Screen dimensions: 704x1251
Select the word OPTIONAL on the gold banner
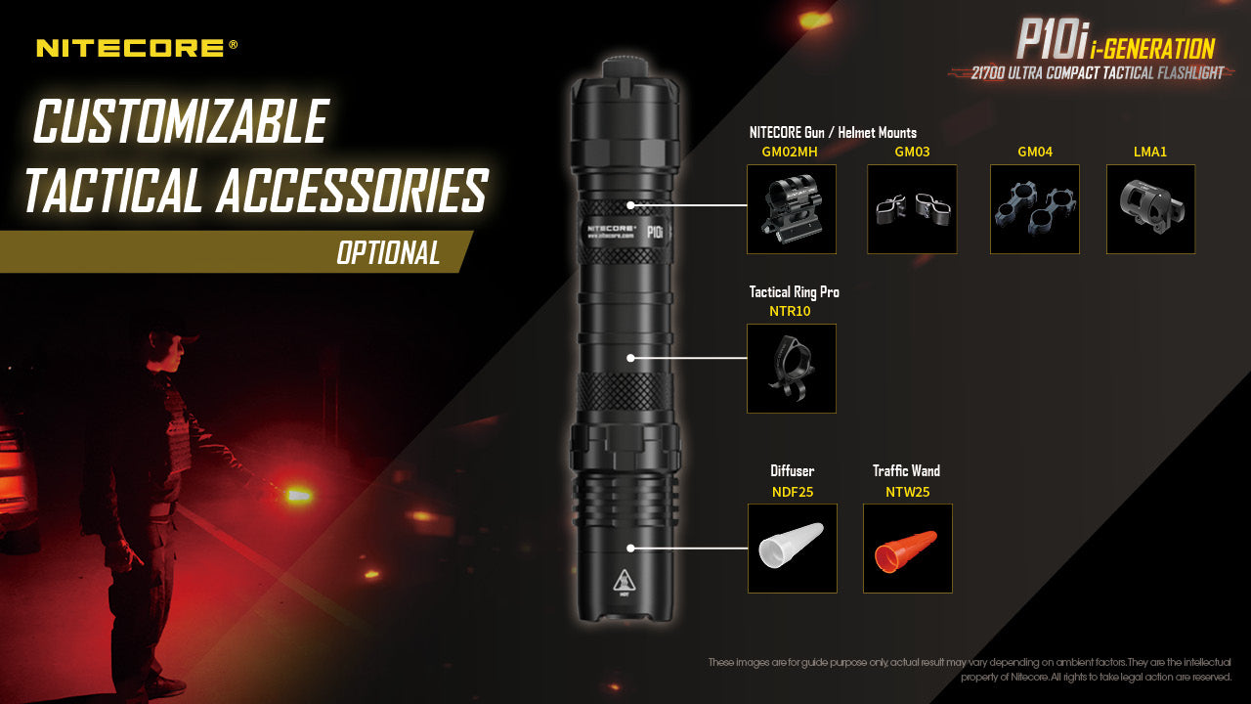tap(388, 253)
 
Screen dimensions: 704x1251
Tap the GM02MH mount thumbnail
tap(791, 209)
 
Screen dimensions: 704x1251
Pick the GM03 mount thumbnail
tap(912, 209)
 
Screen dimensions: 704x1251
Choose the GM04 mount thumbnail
tap(1034, 209)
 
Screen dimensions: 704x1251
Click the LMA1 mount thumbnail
tap(1150, 209)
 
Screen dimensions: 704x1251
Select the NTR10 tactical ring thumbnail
tap(791, 369)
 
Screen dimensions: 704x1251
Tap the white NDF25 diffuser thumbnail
tap(792, 548)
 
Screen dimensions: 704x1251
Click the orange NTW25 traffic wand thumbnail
tap(907, 548)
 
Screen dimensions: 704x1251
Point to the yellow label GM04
tap(1034, 152)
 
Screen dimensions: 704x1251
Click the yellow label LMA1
tap(1150, 152)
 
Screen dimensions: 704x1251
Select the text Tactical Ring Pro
tap(794, 291)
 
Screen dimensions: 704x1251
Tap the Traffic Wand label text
tap(906, 470)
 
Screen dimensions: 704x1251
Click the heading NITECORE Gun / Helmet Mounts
tap(833, 132)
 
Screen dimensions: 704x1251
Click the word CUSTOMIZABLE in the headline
tap(181, 122)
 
